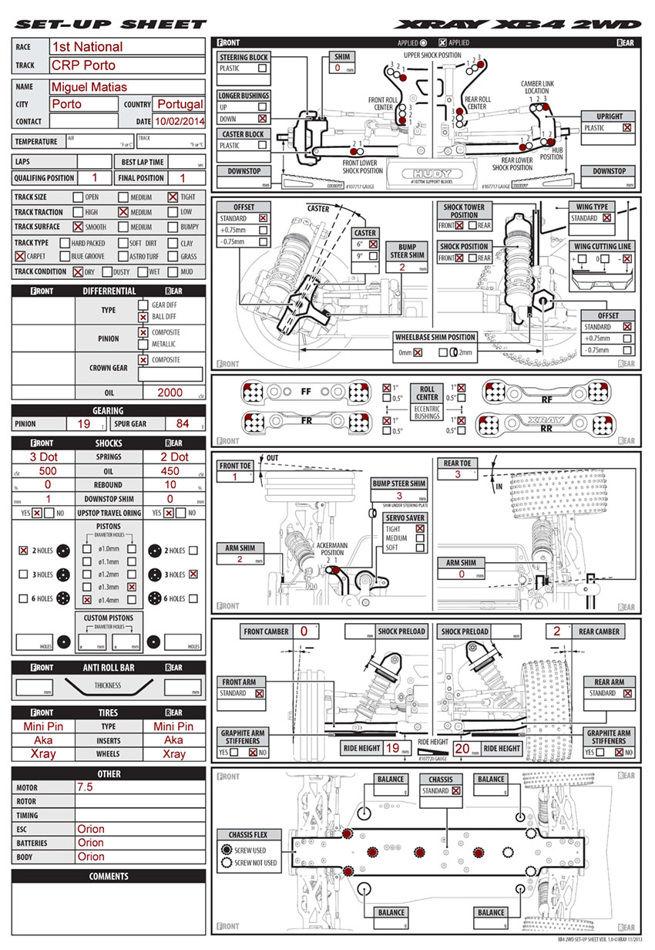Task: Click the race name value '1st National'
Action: point(87,47)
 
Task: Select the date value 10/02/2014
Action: point(180,121)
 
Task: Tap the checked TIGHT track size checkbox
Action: point(172,197)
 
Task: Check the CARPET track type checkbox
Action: point(19,257)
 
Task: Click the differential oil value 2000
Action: point(170,392)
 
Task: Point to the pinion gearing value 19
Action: point(84,424)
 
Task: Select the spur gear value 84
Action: point(183,424)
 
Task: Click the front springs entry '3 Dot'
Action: point(43,457)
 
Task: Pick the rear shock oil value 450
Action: point(170,471)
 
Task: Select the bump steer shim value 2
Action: point(401,267)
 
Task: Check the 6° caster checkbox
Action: point(373,244)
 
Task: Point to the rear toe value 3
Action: point(457,475)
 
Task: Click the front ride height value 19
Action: point(391,748)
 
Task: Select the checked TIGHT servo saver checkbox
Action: point(420,529)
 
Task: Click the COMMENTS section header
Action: point(109,876)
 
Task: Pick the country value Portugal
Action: point(180,104)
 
